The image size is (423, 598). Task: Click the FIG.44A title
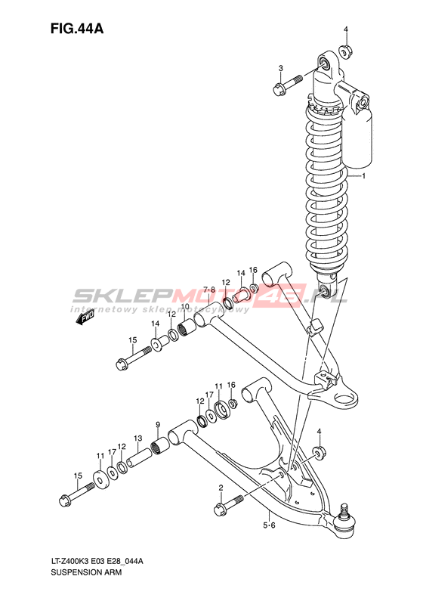[77, 28]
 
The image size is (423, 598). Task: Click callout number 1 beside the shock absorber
[363, 176]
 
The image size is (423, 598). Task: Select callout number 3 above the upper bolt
[280, 68]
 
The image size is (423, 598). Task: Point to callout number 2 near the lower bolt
[221, 487]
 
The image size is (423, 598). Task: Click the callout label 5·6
[269, 525]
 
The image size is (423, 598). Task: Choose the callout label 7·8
[208, 290]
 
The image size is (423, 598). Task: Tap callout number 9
[157, 424]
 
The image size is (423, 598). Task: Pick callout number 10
[185, 307]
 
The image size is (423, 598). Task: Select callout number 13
[138, 438]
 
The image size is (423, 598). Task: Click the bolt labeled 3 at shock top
[288, 85]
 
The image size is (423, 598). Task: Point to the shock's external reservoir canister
[357, 141]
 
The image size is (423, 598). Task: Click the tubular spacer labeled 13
[140, 457]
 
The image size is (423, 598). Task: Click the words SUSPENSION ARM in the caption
[86, 572]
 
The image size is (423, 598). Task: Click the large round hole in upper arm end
[345, 399]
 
